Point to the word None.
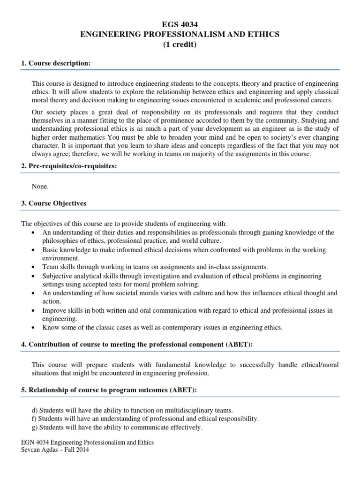40,186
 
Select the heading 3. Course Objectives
53,204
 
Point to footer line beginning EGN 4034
88,442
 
